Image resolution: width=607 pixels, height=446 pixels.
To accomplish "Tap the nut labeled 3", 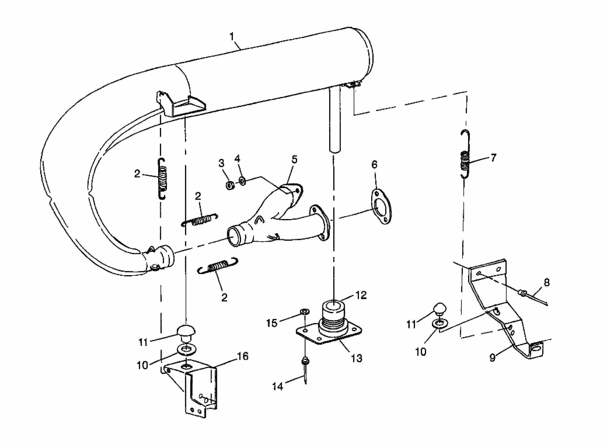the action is point(230,185).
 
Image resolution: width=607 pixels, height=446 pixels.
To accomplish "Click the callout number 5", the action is point(294,160).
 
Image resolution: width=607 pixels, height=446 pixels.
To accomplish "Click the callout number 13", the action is point(356,359).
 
